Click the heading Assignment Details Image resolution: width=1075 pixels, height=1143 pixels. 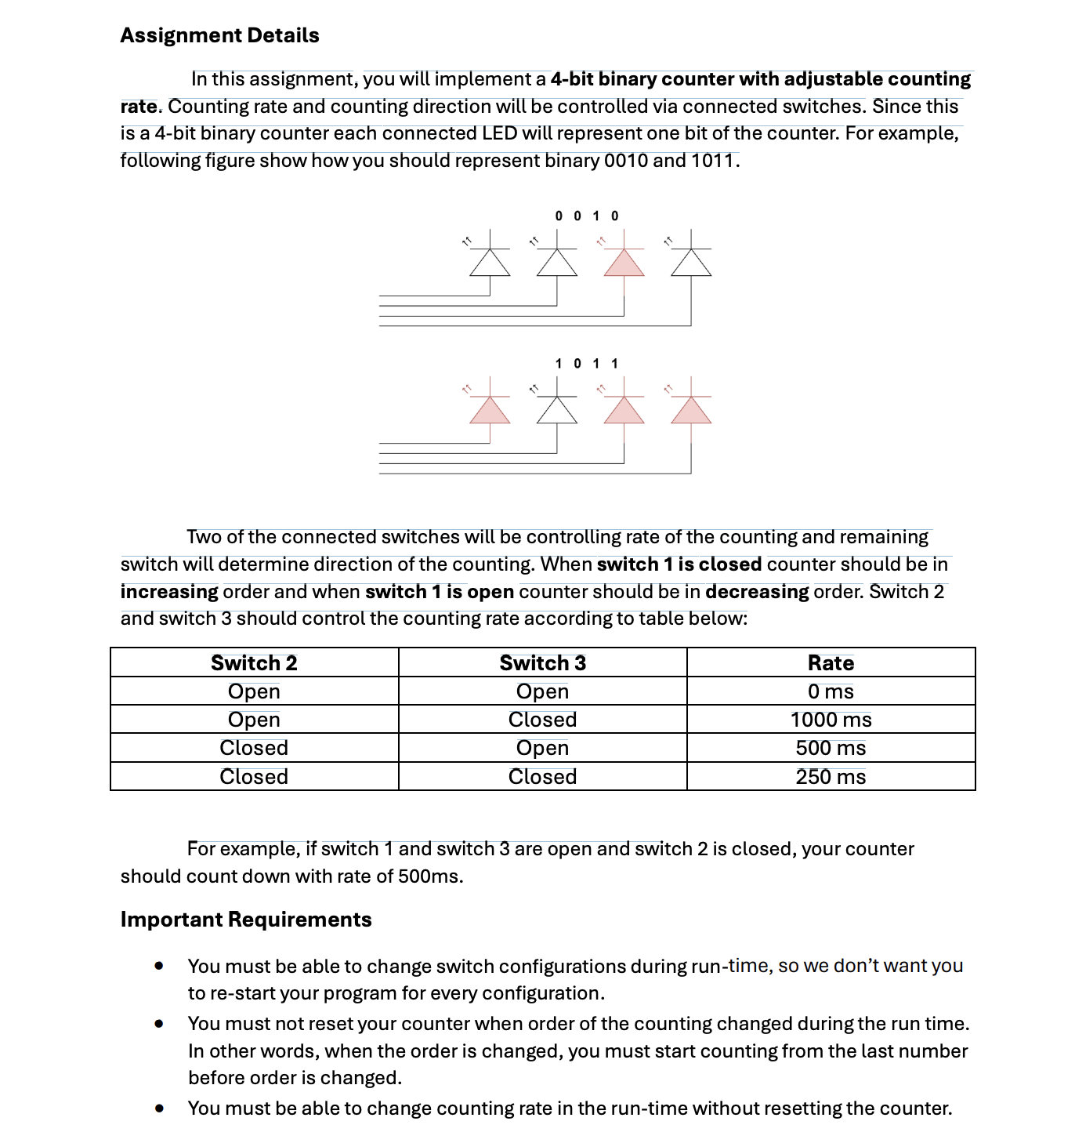(x=219, y=35)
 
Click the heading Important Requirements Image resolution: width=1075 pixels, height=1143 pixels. (x=246, y=919)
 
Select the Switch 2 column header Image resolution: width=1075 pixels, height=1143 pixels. (x=254, y=662)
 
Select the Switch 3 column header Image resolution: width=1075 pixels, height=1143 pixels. (x=542, y=662)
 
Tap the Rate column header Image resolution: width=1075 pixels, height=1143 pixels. (x=831, y=662)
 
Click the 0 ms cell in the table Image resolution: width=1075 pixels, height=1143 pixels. (x=831, y=691)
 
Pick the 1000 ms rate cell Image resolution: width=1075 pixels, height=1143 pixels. (x=831, y=720)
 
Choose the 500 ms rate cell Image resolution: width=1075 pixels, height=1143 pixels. (x=831, y=748)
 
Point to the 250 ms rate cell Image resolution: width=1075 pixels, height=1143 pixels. (x=831, y=777)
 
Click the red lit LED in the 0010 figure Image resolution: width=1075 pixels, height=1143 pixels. (x=624, y=263)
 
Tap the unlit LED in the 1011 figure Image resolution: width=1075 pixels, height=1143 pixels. (x=557, y=410)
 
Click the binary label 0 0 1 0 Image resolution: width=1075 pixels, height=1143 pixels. (x=587, y=216)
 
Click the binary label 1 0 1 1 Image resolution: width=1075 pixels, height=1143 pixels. (x=587, y=363)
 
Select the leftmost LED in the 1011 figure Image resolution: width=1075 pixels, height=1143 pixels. (x=490, y=410)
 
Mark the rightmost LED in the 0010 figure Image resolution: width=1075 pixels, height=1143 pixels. (x=691, y=263)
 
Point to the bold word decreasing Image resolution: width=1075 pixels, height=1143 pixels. (x=757, y=591)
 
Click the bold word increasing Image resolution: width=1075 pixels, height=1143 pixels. (x=169, y=591)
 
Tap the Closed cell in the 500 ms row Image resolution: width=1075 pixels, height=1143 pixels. (x=254, y=748)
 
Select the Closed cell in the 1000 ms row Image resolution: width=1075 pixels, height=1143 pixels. (x=542, y=720)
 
